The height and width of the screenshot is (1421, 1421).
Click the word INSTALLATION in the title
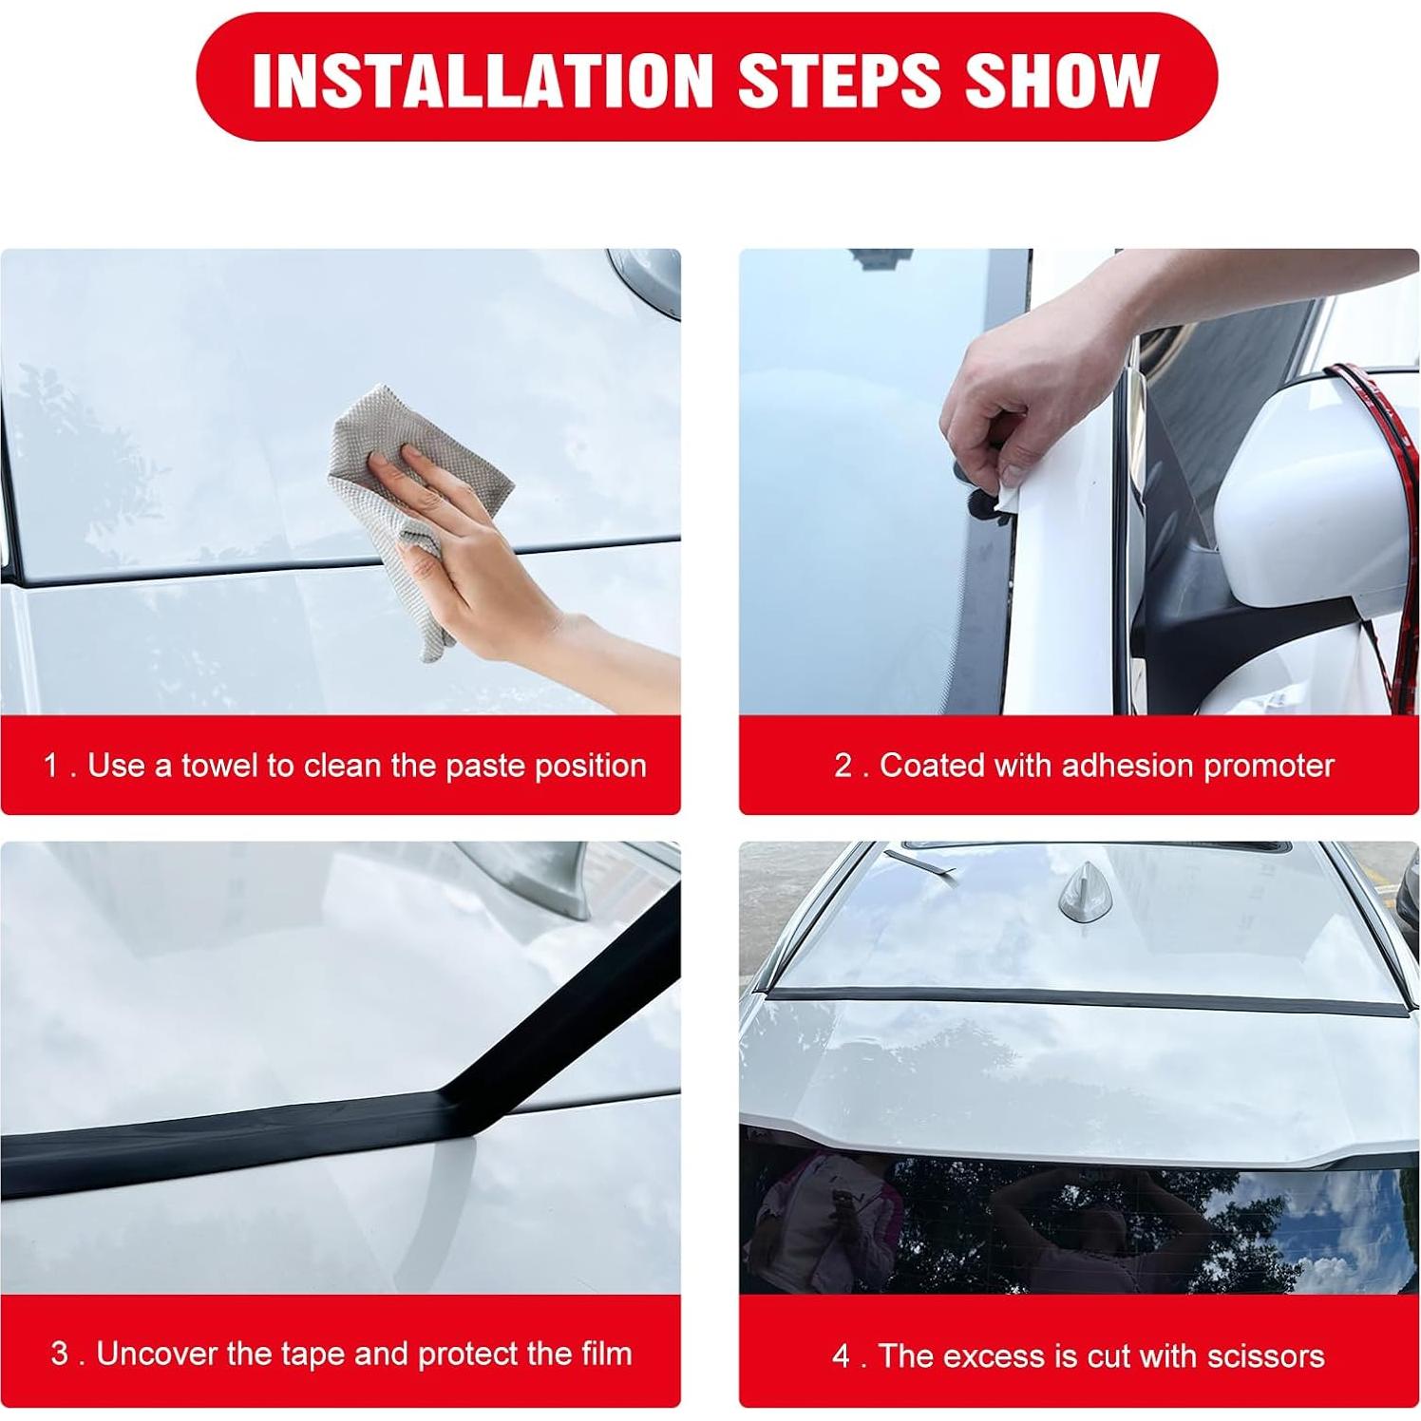click(x=482, y=79)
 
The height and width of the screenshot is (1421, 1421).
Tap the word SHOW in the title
click(x=1063, y=79)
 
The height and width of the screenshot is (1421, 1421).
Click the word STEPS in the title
click(x=839, y=79)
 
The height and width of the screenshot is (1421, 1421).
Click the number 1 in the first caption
click(x=52, y=766)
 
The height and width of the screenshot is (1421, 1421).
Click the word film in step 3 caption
click(x=607, y=1354)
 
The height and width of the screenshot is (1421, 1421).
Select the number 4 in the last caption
click(x=842, y=1355)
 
